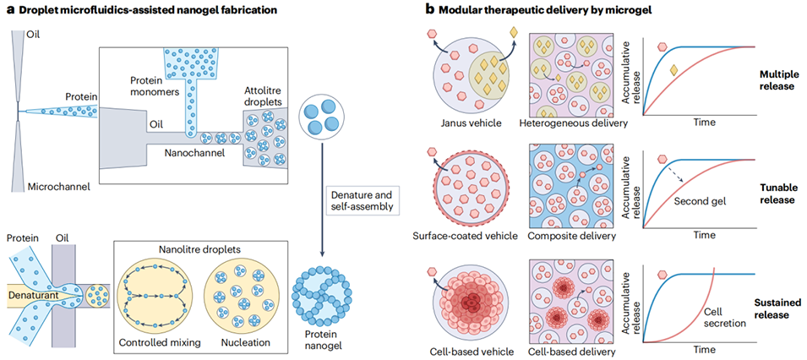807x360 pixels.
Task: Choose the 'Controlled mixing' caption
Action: point(160,342)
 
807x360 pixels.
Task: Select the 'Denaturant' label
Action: point(34,297)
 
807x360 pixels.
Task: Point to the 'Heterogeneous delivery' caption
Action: point(574,123)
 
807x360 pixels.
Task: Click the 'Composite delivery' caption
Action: point(574,232)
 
